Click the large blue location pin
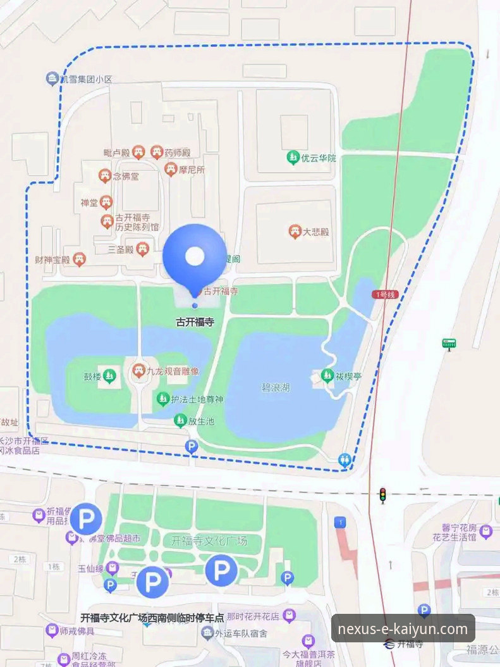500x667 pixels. click(194, 256)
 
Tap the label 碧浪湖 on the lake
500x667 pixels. click(276, 387)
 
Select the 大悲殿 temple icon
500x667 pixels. click(294, 232)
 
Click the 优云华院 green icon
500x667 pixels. click(293, 158)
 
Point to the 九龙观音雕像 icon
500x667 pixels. click(139, 371)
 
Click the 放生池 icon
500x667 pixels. click(181, 421)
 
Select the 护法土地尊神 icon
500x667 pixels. click(162, 399)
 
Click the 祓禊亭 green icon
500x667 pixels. click(327, 375)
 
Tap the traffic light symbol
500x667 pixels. click(382, 495)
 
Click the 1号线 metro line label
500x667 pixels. click(384, 294)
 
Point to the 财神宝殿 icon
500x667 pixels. click(79, 259)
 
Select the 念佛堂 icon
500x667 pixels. click(105, 177)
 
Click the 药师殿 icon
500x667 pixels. click(157, 153)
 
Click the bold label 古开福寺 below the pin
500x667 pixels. click(195, 322)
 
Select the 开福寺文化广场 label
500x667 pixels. click(209, 541)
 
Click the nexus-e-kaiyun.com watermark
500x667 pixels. click(403, 629)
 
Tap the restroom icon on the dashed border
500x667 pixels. click(345, 461)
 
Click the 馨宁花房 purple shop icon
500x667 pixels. click(485, 532)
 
